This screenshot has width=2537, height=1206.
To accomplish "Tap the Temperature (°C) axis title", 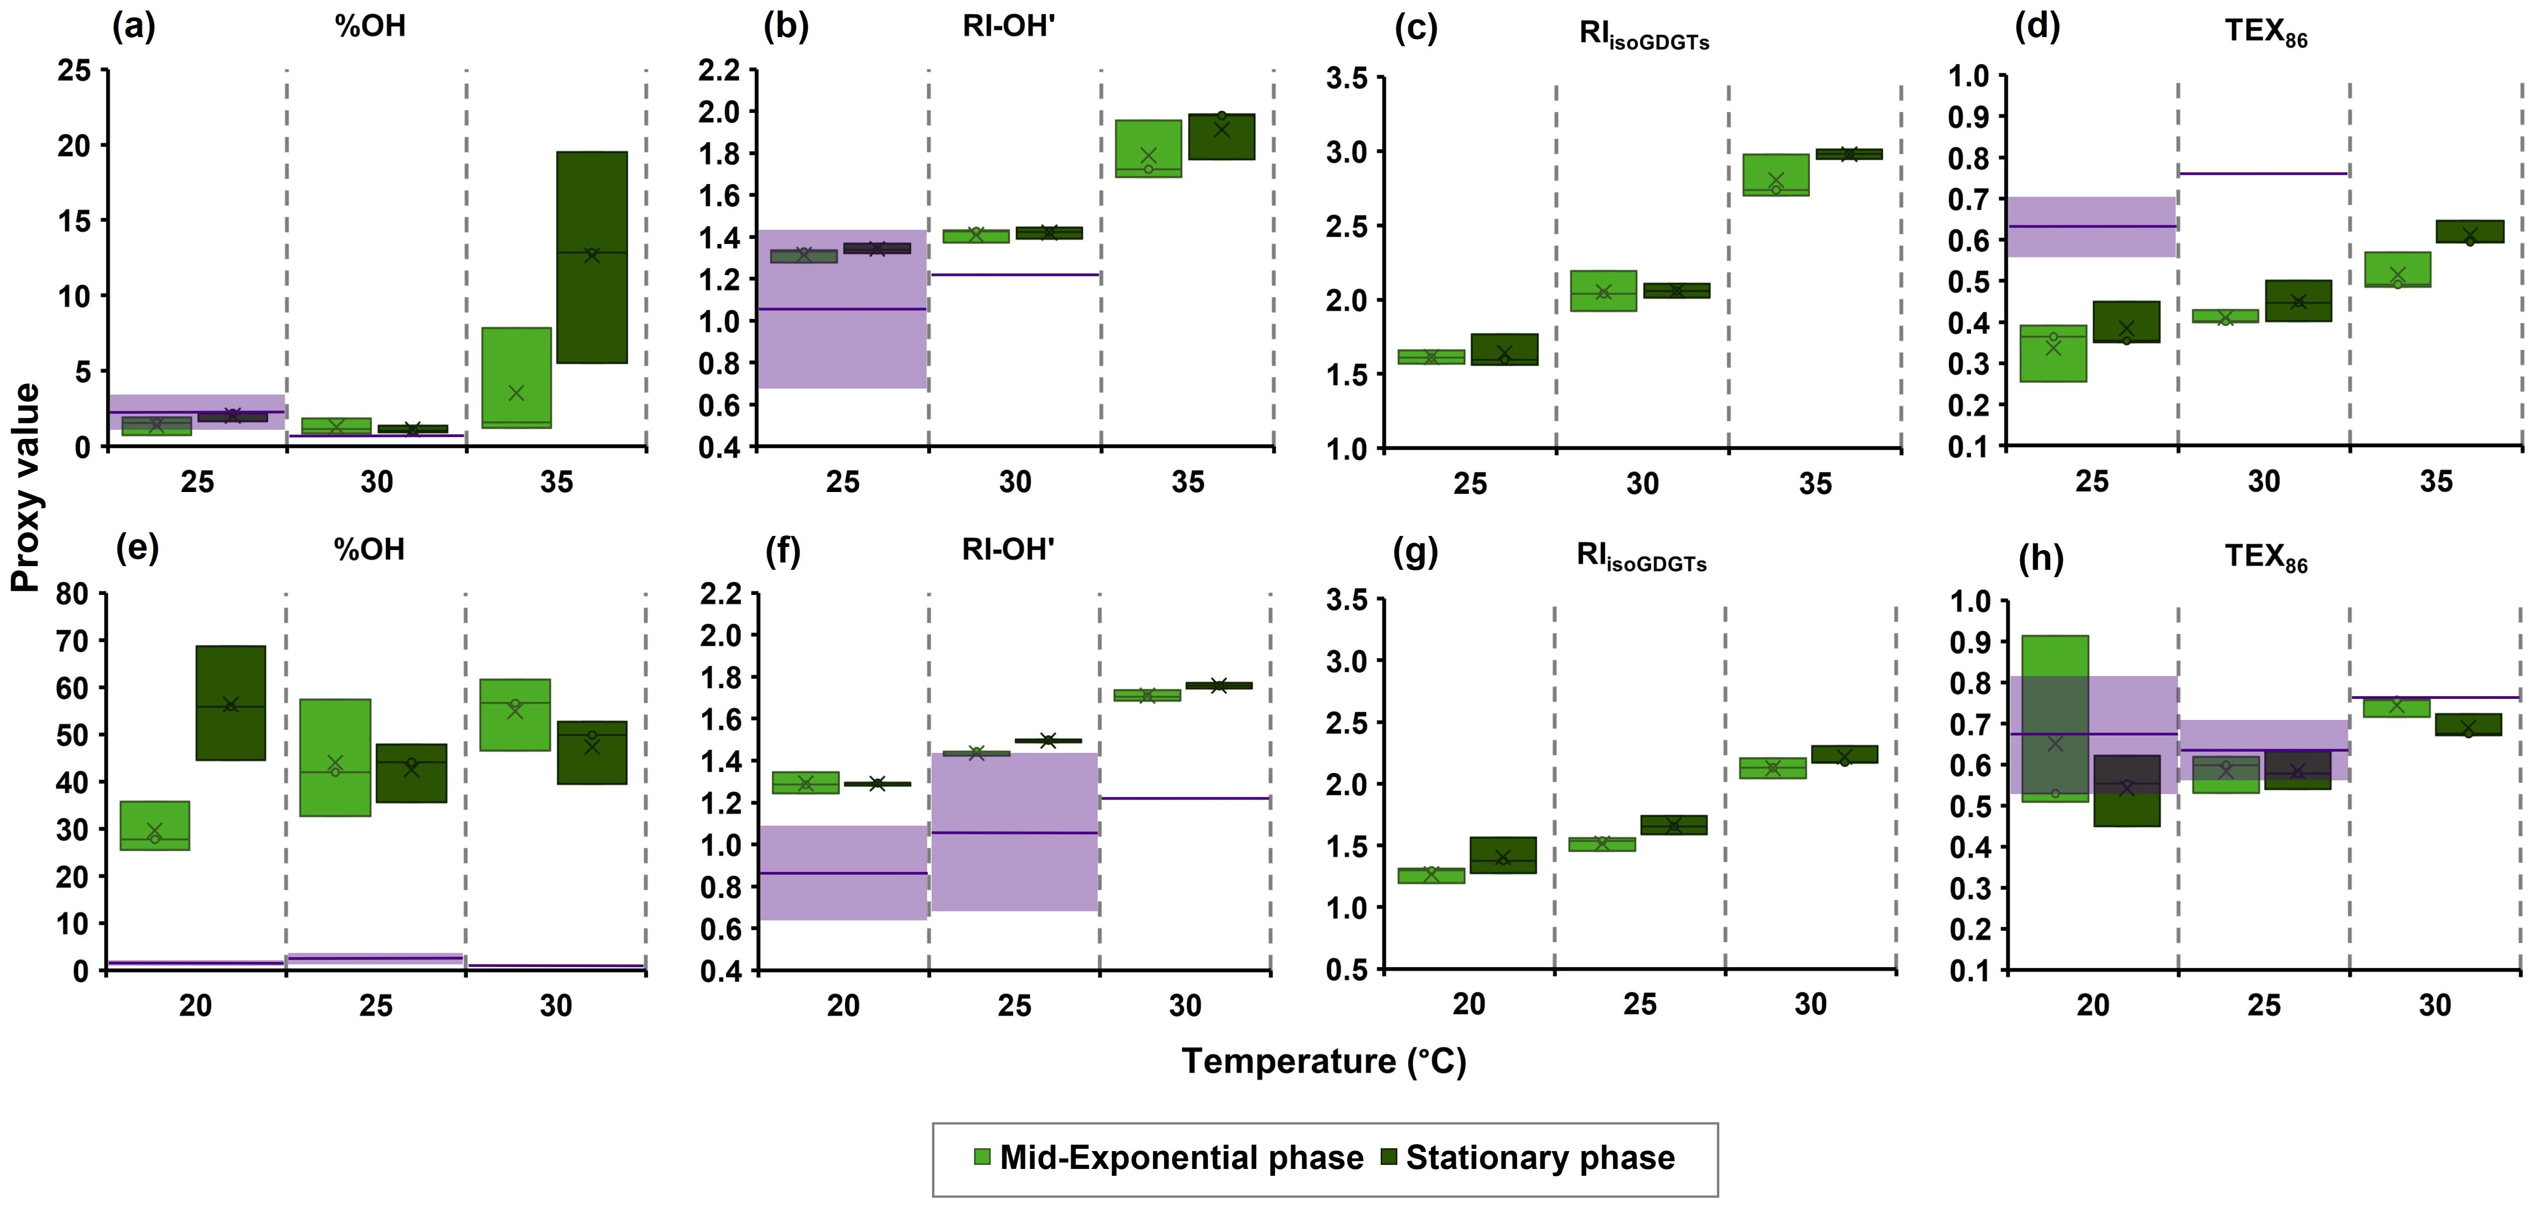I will pos(1324,1061).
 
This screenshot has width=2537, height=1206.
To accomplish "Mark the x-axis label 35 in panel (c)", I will pos(1815,484).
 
